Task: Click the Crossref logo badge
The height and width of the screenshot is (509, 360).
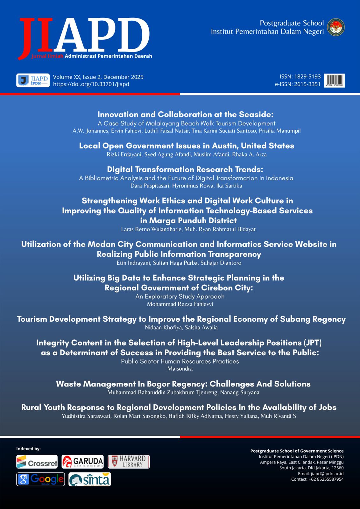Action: pos(37,462)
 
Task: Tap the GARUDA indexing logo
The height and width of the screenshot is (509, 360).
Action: pos(83,462)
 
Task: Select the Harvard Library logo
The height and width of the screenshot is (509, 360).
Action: pos(129,462)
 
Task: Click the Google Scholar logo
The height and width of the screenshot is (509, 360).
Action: pos(40,479)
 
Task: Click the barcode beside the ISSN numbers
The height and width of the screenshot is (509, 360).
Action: pos(334,80)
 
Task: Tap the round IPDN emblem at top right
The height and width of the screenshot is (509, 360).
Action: pos(336,27)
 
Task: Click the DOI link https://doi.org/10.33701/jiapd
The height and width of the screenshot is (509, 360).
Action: pos(91,84)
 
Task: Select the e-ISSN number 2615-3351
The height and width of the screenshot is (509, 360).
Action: pos(307,84)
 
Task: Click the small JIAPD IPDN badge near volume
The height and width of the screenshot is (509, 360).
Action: pos(33,80)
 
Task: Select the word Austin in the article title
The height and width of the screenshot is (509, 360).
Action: pos(224,146)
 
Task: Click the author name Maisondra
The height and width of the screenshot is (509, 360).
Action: pos(180,369)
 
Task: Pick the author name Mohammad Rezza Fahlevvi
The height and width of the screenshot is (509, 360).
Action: pos(180,304)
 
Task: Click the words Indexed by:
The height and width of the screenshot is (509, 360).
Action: pos(28,449)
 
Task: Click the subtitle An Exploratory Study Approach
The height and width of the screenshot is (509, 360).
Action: pos(180,296)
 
